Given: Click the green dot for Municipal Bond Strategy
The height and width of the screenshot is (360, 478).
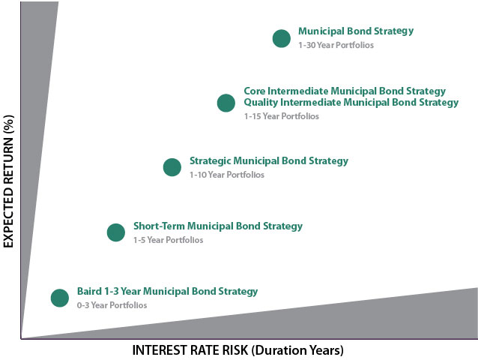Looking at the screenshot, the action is (x=282, y=38).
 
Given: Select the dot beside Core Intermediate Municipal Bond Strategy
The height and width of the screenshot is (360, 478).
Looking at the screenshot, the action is (x=226, y=103).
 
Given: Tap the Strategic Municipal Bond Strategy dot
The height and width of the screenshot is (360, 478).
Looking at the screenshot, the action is (x=172, y=167).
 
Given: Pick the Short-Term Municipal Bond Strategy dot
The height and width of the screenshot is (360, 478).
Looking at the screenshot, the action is (x=116, y=232).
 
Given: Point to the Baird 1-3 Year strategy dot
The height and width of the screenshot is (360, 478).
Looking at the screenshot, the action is (x=60, y=298).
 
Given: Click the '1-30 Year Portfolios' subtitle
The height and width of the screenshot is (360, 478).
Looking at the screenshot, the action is (x=336, y=45).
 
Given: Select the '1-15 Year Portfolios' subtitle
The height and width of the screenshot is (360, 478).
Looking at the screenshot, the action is (x=282, y=116).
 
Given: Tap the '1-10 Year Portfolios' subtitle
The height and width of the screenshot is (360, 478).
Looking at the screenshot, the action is (x=227, y=175).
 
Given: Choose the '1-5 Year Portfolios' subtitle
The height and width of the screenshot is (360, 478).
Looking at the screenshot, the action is (x=169, y=240).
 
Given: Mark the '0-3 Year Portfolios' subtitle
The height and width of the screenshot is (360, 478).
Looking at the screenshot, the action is (x=112, y=305).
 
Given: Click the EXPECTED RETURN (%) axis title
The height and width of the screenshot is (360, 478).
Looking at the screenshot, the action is (x=8, y=181).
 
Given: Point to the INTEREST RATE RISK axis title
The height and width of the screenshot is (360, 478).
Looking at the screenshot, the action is (x=238, y=350).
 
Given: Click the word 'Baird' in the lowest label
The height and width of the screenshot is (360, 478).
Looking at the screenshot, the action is (x=89, y=291).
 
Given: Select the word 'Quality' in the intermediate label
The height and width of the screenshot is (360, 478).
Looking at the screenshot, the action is (x=261, y=103).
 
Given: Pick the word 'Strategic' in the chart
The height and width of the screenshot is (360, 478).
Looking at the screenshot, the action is (x=210, y=161).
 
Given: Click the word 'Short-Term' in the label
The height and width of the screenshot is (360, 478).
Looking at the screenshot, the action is (x=159, y=226).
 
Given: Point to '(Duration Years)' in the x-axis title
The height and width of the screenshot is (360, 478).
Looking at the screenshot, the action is (x=297, y=350).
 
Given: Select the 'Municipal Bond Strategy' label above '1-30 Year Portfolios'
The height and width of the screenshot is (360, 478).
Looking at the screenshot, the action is (x=356, y=31).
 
